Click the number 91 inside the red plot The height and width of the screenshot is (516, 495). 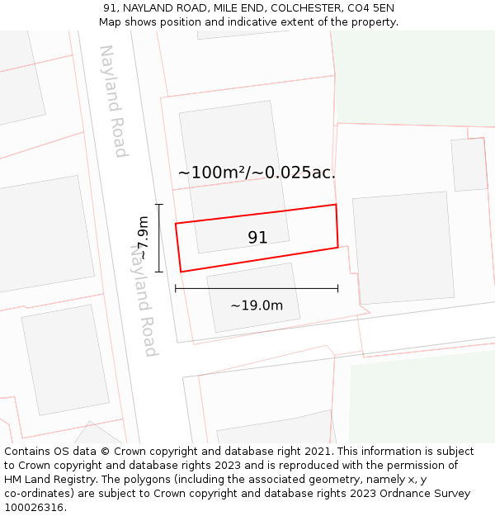point(257,238)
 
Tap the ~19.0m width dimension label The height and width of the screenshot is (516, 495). point(257,305)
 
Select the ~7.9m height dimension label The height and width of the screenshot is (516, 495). point(144,238)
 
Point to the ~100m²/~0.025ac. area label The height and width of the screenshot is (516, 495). point(257,173)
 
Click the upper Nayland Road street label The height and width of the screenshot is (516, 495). point(114,101)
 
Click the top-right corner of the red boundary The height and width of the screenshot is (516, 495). point(336,205)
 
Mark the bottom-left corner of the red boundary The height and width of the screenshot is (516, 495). point(181,272)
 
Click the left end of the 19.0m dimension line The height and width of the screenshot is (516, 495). point(176,288)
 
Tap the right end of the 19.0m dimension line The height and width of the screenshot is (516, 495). point(338,288)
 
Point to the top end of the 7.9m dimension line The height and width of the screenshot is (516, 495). point(159,205)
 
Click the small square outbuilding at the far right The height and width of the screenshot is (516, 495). point(469,165)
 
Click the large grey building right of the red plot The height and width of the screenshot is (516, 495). point(403,248)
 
